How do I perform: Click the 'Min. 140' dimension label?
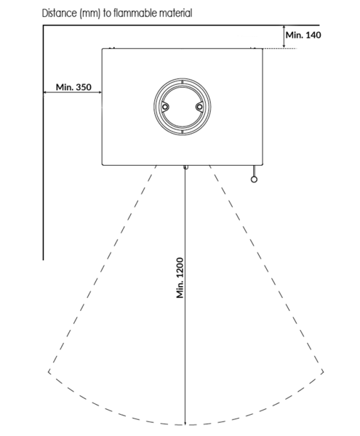point(303,35)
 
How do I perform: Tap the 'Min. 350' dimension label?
point(73,87)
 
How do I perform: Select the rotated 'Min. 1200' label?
point(180,278)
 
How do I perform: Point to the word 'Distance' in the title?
point(60,13)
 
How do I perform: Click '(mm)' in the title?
point(90,13)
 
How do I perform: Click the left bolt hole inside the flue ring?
point(165,107)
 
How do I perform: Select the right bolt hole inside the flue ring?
point(199,107)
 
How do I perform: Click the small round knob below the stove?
point(254,179)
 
